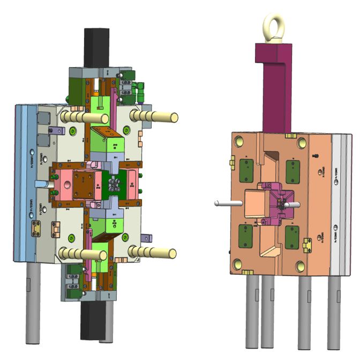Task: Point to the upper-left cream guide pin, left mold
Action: click(x=85, y=117)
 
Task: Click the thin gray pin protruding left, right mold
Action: click(x=228, y=203)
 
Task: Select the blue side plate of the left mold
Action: click(x=25, y=182)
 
